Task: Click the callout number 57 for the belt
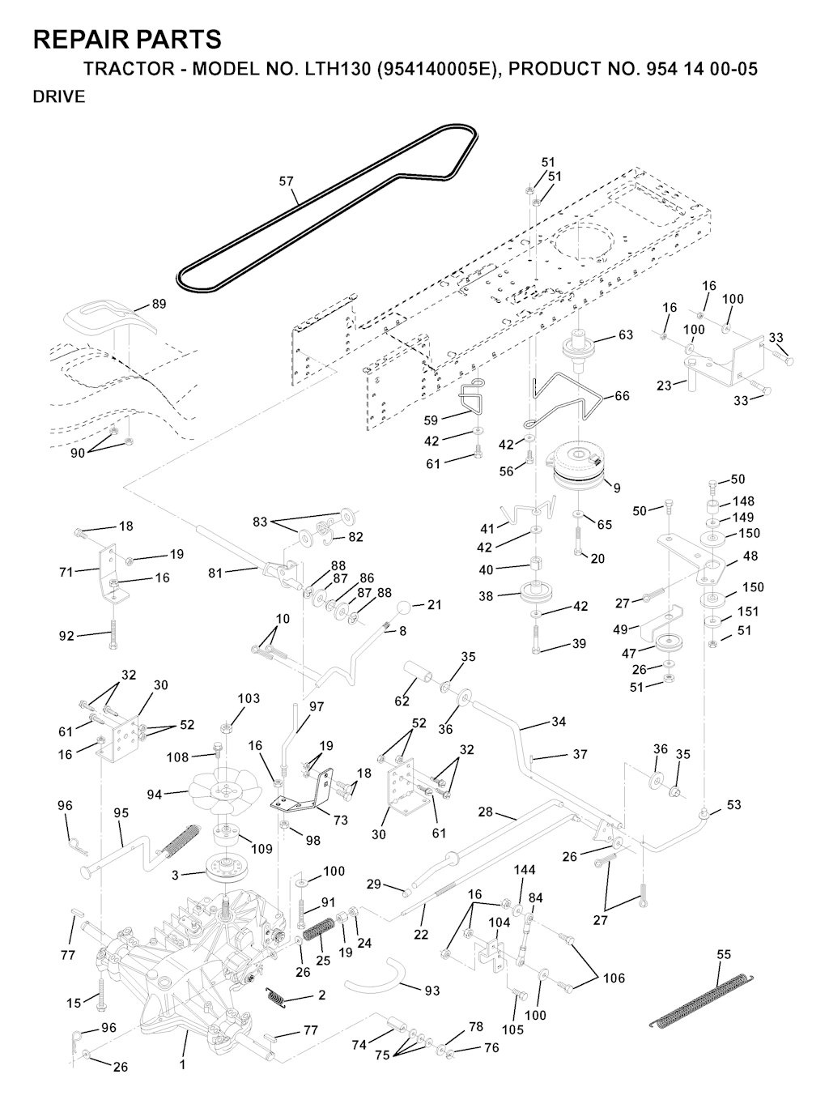click(x=287, y=181)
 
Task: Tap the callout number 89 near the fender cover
click(x=159, y=304)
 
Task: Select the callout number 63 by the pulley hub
click(x=626, y=335)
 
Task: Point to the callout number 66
click(x=622, y=396)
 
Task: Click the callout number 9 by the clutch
click(x=617, y=488)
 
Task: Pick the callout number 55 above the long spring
click(x=724, y=955)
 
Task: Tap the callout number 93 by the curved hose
click(x=432, y=990)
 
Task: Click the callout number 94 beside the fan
click(x=155, y=795)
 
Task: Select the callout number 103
click(x=249, y=698)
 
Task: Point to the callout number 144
click(x=525, y=870)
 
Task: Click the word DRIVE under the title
click(x=59, y=97)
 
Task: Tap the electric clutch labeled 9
click(x=579, y=467)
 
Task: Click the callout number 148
click(x=743, y=501)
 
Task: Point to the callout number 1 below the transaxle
click(x=183, y=1064)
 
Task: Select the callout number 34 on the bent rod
click(x=558, y=722)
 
